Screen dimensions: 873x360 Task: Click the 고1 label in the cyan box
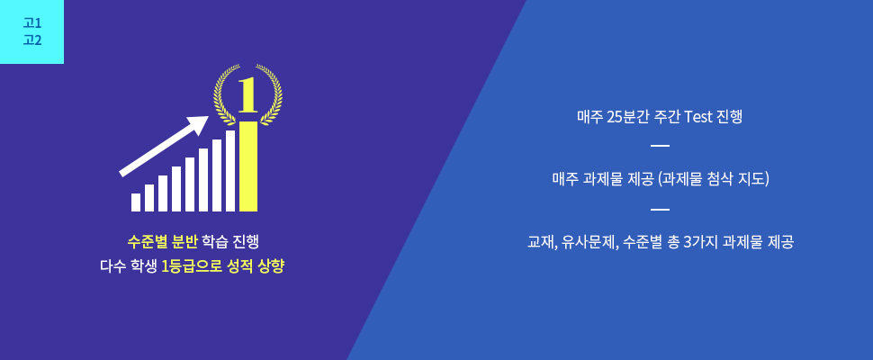pyautogui.click(x=32, y=23)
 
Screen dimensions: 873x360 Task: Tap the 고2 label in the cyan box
pyautogui.click(x=32, y=40)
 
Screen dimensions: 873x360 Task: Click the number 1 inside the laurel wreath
pyautogui.click(x=247, y=94)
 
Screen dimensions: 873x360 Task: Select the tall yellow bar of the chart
pyautogui.click(x=248, y=166)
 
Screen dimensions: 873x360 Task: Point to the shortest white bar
pyautogui.click(x=136, y=202)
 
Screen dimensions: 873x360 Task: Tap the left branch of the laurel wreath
pyautogui.click(x=225, y=94)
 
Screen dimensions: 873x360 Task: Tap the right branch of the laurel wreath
pyautogui.click(x=271, y=94)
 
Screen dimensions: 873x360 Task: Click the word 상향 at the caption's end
pyautogui.click(x=271, y=266)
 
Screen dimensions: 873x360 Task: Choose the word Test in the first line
pyautogui.click(x=698, y=117)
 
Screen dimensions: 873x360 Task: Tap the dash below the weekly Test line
pyautogui.click(x=660, y=146)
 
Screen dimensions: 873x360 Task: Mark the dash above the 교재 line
pyautogui.click(x=660, y=209)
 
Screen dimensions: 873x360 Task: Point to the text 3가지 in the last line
pyautogui.click(x=700, y=243)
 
